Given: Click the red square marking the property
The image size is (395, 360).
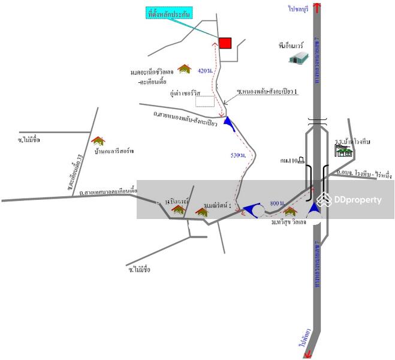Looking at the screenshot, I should click(x=225, y=43).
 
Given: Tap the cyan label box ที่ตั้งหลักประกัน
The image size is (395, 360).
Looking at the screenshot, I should click(x=170, y=13).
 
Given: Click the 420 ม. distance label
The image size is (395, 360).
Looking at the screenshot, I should click(x=204, y=71).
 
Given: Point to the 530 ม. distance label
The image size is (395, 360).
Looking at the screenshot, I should click(x=239, y=155).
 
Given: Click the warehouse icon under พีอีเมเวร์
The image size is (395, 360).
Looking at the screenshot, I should click(x=298, y=58).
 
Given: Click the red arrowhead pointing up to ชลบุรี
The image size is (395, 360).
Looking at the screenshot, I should click(x=316, y=7).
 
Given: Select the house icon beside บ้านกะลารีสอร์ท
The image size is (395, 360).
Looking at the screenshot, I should click(x=98, y=141).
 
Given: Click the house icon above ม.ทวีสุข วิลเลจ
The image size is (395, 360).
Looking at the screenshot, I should click(x=290, y=211).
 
